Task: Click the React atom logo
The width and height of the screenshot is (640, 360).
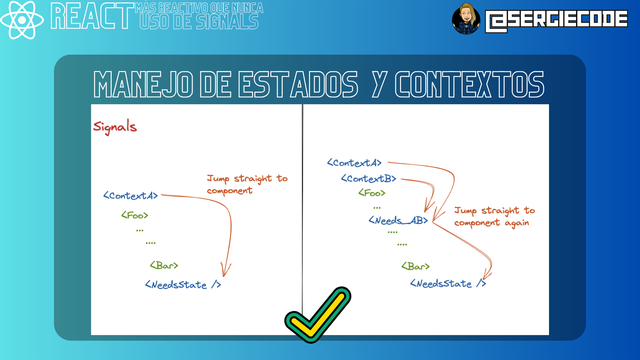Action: click(22, 20)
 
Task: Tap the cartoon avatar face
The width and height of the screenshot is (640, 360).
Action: click(466, 19)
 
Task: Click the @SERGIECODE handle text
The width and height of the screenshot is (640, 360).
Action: click(556, 21)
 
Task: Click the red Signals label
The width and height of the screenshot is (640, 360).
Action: click(115, 127)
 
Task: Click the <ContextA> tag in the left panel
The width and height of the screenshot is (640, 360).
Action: click(130, 196)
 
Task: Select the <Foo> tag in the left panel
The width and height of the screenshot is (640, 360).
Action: click(135, 215)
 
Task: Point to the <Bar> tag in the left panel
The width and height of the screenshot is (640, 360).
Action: click(164, 265)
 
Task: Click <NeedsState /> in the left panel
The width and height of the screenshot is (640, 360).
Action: click(183, 285)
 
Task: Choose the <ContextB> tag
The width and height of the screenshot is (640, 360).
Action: click(368, 179)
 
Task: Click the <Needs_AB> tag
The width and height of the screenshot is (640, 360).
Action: click(398, 220)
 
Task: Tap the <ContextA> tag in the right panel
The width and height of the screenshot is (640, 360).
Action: click(354, 163)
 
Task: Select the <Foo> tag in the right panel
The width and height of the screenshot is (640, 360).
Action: click(372, 193)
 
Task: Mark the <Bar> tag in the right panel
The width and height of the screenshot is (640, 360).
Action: click(416, 266)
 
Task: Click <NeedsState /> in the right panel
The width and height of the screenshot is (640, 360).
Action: click(448, 284)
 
